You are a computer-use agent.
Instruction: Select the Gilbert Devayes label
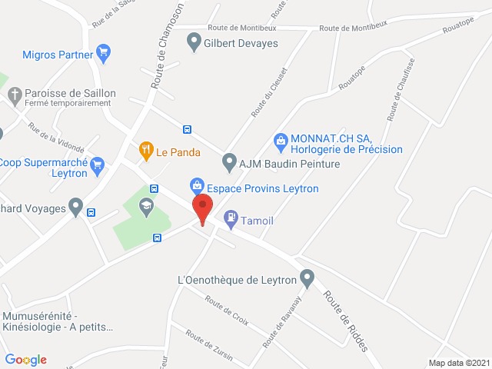point(239,43)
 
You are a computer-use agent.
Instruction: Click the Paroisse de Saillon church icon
point(14,95)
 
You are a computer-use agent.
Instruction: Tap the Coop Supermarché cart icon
point(97,164)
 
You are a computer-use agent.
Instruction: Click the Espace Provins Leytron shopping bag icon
point(198,185)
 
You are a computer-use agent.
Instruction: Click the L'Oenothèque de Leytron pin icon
point(307,277)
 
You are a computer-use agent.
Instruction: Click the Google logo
point(25,360)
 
